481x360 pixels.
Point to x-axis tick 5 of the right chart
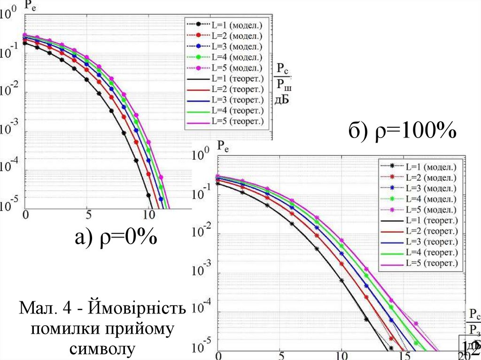pyautogui.click(x=280, y=355)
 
